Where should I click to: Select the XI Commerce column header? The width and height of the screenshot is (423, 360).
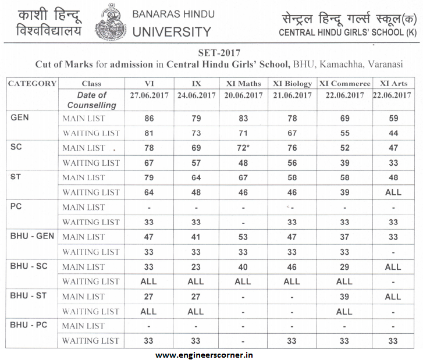point(344,84)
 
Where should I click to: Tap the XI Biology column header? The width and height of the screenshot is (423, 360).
point(293,84)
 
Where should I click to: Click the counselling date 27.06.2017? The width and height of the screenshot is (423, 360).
point(148,95)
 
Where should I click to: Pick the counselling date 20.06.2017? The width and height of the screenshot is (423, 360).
point(244,95)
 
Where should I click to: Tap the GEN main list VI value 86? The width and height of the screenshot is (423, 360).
point(149,119)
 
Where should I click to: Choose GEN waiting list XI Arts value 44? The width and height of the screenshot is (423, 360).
point(393,133)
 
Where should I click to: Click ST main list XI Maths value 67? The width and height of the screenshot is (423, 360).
point(244,177)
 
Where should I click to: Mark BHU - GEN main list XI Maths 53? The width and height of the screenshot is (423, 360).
point(244,237)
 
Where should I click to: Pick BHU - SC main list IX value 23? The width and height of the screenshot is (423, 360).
point(196,266)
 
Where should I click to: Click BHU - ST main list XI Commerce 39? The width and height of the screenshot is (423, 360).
point(344,296)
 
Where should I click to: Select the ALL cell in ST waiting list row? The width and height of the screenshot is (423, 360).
point(393,192)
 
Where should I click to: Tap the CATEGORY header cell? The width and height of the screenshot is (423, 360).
point(33,84)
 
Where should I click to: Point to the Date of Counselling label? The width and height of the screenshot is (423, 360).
point(92,100)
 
